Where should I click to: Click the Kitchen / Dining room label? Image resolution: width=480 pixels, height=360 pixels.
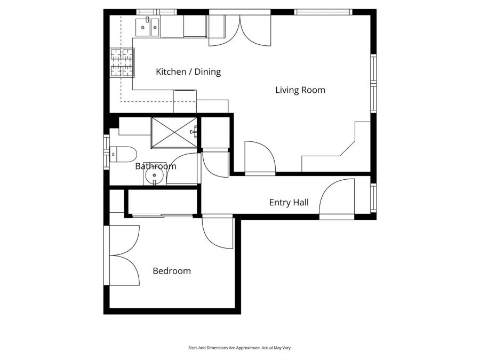[x=188, y=71]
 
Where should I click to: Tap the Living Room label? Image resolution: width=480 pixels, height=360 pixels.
[x=300, y=90]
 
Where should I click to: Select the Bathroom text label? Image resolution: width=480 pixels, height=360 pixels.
[x=155, y=166]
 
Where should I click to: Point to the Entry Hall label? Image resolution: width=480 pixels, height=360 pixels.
[x=289, y=202]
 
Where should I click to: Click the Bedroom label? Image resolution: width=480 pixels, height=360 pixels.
[x=171, y=271]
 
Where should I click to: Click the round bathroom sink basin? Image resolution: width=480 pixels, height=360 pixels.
[x=155, y=174]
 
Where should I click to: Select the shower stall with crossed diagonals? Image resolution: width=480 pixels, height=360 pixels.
[x=174, y=132]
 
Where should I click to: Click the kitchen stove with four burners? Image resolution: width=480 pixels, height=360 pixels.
[x=122, y=63]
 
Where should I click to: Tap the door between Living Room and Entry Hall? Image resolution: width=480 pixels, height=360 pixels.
[x=258, y=157]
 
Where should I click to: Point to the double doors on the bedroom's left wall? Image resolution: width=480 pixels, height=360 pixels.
[x=124, y=255]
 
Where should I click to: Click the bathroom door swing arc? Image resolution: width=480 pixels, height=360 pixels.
[x=182, y=168]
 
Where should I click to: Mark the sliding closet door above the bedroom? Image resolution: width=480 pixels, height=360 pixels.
[x=162, y=215]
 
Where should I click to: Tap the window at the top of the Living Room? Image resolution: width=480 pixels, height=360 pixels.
[x=323, y=12]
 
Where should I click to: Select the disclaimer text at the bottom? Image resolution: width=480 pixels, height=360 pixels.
[x=239, y=348]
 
